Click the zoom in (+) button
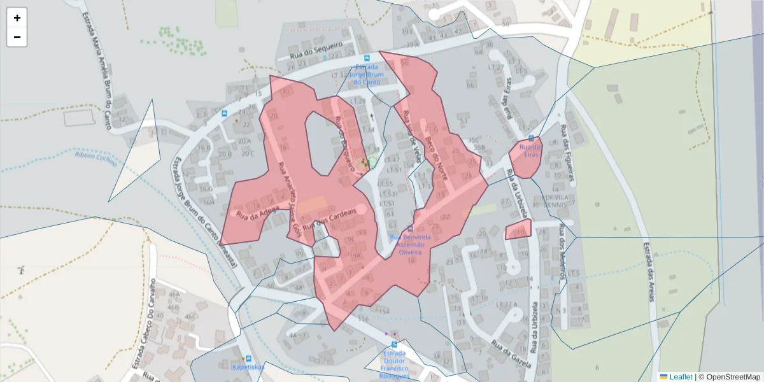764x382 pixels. point(17,18)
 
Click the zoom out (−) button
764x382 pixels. point(17,37)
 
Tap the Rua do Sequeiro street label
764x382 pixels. point(316,50)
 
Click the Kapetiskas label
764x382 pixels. point(248,367)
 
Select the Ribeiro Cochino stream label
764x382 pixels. point(96,158)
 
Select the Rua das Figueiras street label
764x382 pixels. point(567,153)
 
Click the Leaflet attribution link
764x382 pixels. point(680,377)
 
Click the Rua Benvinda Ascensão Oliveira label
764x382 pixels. point(410,244)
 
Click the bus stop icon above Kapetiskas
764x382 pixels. point(248,358)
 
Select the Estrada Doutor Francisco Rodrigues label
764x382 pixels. point(393,364)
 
